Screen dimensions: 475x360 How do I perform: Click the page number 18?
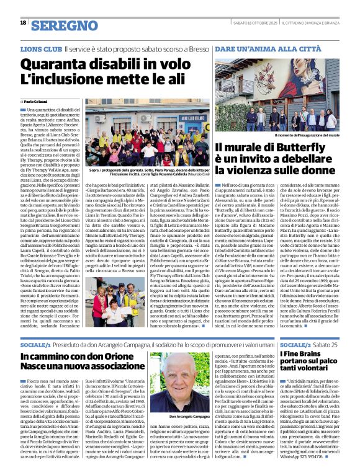[x=23, y=22]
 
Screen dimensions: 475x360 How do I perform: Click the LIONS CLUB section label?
[x=42, y=47]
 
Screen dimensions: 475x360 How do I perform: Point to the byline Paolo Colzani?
[x=36, y=101]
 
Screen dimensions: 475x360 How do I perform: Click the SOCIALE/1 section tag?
[x=35, y=344]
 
